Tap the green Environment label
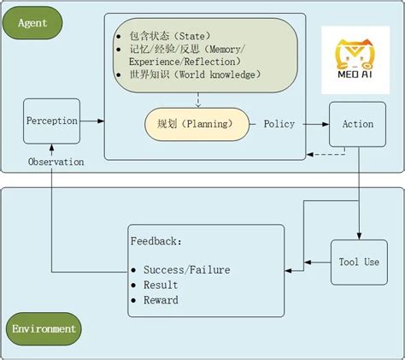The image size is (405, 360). coord(44,328)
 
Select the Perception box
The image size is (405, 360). coord(51,121)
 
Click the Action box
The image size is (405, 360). coord(357,124)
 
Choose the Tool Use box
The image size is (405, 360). coord(359,262)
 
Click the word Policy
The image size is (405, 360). coord(279,124)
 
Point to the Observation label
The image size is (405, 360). coord(56,162)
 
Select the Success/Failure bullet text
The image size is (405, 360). coord(186,269)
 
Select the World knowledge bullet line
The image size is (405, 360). coord(192,74)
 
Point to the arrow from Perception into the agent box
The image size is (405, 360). coord(92,121)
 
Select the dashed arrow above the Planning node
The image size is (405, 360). coord(197,99)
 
